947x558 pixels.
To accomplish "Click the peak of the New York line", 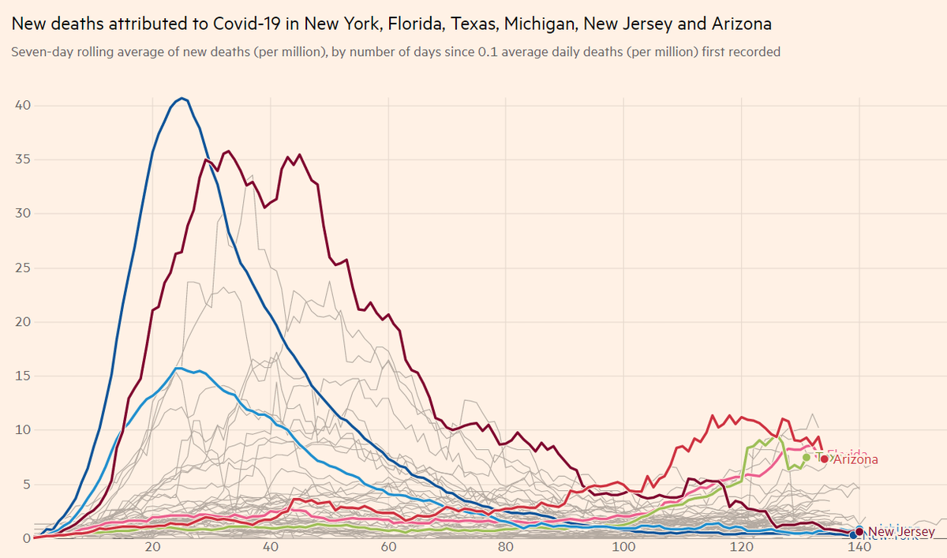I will click(182, 99).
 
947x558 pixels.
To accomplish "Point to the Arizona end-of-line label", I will click(855, 459).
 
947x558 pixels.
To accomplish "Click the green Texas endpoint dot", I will click(807, 457).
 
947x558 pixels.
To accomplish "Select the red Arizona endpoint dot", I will click(825, 459).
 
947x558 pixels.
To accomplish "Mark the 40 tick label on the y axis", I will click(23, 106).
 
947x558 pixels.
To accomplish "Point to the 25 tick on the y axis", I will click(23, 268).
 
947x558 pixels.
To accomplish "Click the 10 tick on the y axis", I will click(23, 430).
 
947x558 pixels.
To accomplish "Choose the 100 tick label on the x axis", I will click(623, 549).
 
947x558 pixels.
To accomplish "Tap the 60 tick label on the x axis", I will click(388, 549).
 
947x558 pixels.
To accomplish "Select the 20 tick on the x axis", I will click(152, 549).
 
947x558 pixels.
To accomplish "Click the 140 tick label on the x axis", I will click(859, 549).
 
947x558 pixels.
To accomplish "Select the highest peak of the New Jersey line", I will click(229, 151).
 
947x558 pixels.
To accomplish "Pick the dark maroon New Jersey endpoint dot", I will click(859, 533).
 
